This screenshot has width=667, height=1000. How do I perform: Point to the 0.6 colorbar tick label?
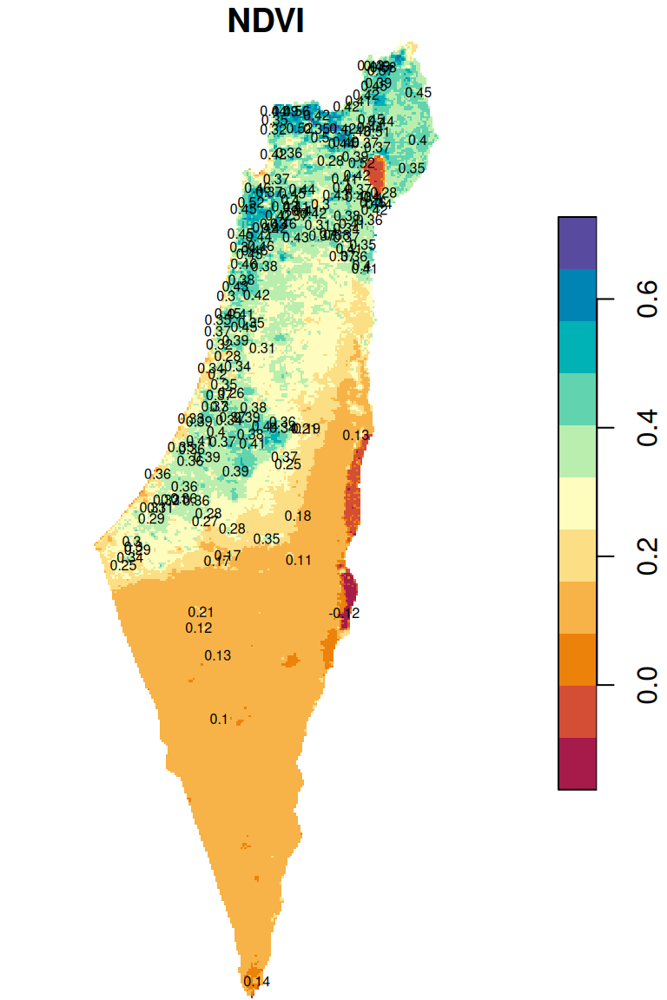tap(646, 299)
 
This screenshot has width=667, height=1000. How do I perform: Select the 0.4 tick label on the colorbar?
tap(646, 428)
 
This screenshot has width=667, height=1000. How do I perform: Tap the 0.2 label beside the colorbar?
tap(646, 556)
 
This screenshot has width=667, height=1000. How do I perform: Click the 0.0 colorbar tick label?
tap(646, 685)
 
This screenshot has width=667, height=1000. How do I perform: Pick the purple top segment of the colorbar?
tap(577, 243)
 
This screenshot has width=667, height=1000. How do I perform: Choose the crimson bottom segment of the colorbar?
tap(577, 763)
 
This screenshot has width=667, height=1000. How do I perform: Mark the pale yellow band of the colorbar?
tap(577, 503)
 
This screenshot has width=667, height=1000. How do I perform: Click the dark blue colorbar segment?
tap(577, 295)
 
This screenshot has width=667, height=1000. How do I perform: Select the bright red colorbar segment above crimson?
tap(577, 712)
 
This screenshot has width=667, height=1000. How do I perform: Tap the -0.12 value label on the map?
tap(345, 614)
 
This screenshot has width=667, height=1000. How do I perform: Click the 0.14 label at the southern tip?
tap(257, 982)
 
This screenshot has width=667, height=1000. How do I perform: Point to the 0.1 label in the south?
tap(218, 719)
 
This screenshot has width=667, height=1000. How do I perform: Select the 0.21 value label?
tap(201, 613)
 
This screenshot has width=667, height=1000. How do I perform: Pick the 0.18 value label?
tap(298, 516)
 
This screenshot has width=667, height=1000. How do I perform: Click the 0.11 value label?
tap(299, 560)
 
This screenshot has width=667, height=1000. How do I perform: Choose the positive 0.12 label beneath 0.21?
tap(199, 628)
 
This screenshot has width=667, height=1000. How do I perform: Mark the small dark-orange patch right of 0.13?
tap(289, 661)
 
